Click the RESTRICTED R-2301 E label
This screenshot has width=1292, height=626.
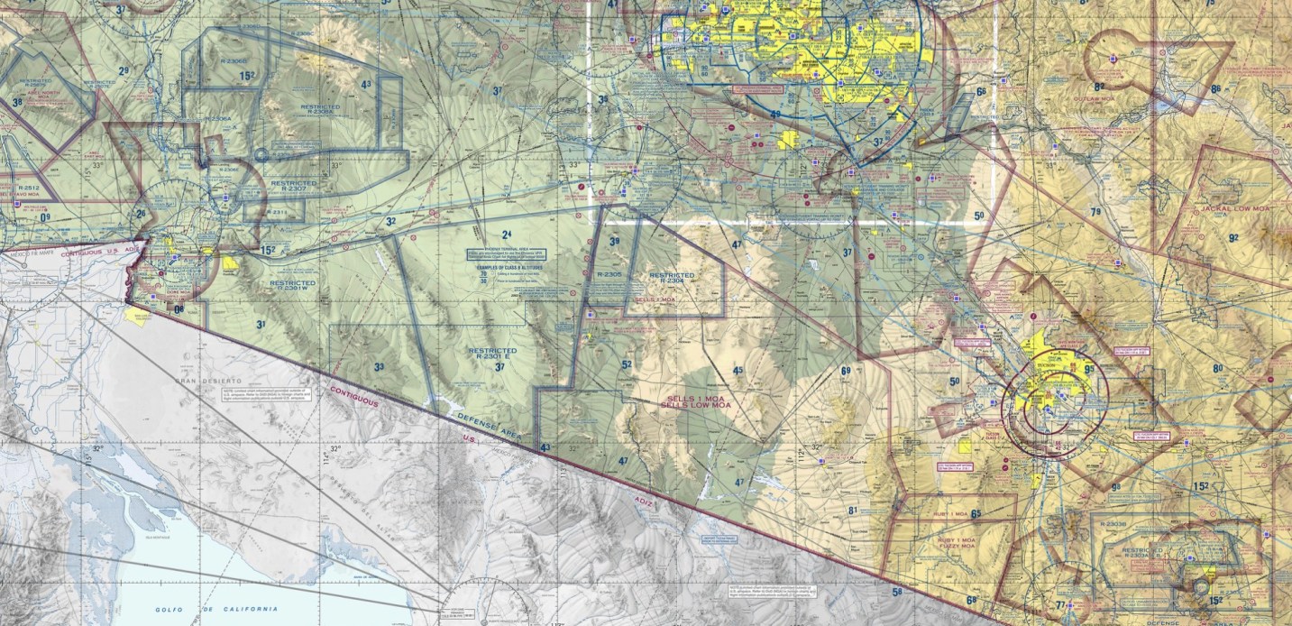point(492,354)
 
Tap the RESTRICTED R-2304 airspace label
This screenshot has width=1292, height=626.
point(672,278)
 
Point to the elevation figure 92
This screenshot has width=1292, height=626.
point(1233,238)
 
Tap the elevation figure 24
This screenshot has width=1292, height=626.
point(507,235)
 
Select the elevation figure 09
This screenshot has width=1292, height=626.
point(44,217)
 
